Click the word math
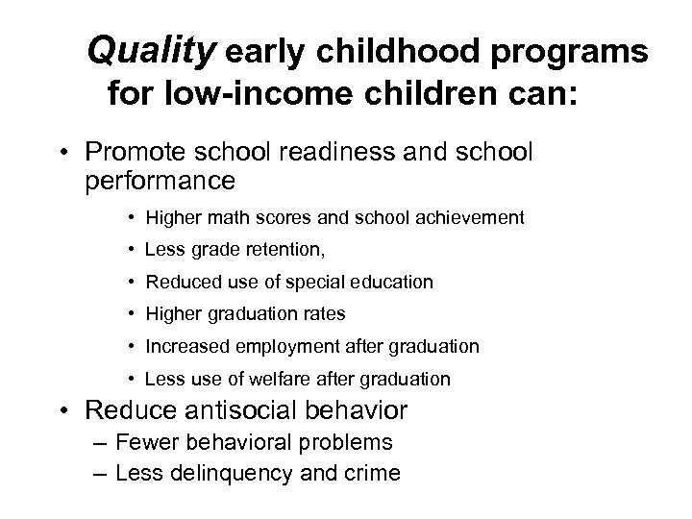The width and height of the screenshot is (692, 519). coord(217,218)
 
